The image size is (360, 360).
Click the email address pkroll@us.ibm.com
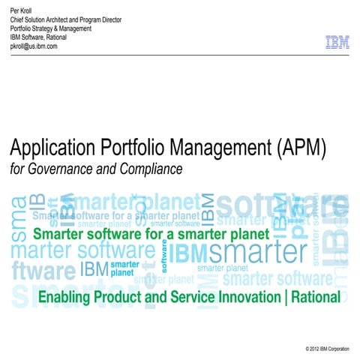pos(34,46)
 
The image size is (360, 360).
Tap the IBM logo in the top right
pos(337,43)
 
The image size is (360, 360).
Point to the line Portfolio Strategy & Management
pos(51,28)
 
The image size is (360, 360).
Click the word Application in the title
pos(54,149)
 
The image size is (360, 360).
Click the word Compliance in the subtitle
pos(149,169)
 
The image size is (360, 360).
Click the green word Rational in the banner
pos(315,297)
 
